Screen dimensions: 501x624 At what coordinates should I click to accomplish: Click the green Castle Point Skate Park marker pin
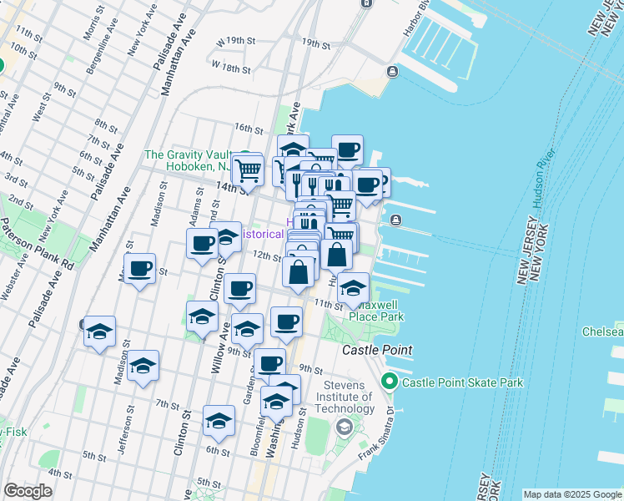pyautogui.click(x=389, y=382)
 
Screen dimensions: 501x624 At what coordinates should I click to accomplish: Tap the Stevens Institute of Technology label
pyautogui.click(x=337, y=397)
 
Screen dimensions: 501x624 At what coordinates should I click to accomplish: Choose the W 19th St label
pyautogui.click(x=234, y=41)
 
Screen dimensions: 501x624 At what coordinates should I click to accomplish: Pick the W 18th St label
pyautogui.click(x=229, y=64)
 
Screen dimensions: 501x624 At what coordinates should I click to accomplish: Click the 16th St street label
pyautogui.click(x=249, y=128)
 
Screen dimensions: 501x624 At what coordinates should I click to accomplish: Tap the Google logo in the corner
pyautogui.click(x=28, y=491)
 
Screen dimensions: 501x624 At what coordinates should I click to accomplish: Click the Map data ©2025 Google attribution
pyautogui.click(x=571, y=494)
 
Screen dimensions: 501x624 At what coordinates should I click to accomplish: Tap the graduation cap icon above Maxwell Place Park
pyautogui.click(x=354, y=289)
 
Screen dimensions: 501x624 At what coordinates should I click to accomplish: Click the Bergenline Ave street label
pyautogui.click(x=107, y=33)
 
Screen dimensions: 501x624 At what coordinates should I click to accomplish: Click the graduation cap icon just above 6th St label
pyautogui.click(x=219, y=422)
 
